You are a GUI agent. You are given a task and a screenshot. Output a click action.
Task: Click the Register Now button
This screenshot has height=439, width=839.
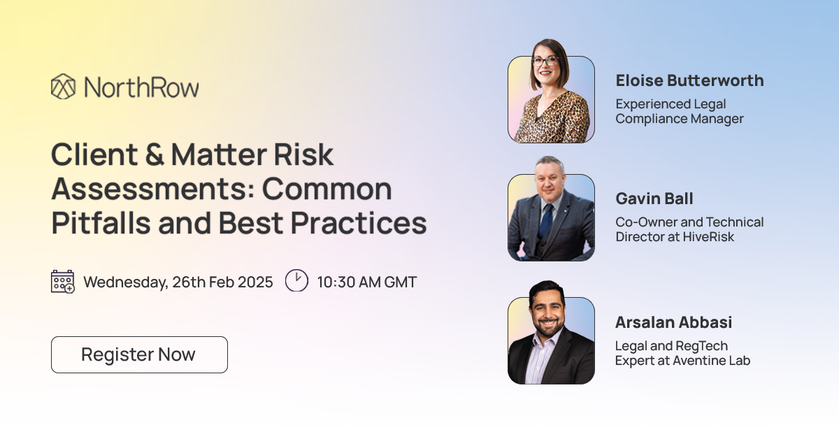click(x=139, y=354)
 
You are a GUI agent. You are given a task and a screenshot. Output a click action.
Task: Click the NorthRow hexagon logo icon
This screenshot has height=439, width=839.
click(x=63, y=87)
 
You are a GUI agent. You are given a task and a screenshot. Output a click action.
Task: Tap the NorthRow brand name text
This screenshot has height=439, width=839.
click(x=141, y=87)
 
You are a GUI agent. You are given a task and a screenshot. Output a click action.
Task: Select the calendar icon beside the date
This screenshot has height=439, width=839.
click(x=63, y=282)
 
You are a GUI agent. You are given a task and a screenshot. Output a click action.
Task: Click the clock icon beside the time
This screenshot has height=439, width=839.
click(x=296, y=281)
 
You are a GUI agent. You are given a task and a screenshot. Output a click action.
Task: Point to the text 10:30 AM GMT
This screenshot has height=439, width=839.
click(x=366, y=282)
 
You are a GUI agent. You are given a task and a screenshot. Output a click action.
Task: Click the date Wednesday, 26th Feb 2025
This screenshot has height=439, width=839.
click(x=178, y=282)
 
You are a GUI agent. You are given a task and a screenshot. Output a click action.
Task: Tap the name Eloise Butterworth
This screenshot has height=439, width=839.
click(x=689, y=80)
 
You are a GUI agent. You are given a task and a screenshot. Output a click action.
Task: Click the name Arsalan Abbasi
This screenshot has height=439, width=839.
click(x=674, y=322)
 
